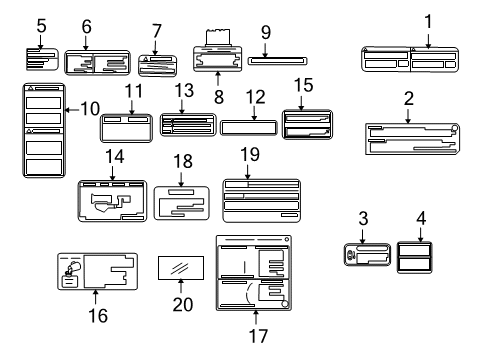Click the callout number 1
428,20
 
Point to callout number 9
266,33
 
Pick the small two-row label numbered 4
416,255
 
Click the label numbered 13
187,125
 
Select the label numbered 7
157,63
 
